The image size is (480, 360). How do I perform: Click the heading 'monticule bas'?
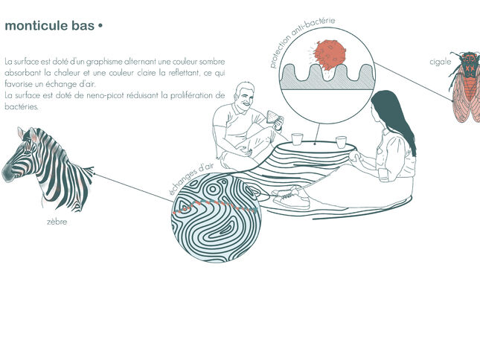(50, 26)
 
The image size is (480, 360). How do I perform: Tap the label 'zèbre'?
(57, 222)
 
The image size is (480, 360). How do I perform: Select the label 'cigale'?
(441, 62)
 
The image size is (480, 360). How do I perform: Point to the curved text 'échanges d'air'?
(191, 178)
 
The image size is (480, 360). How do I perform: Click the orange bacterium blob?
(330, 55)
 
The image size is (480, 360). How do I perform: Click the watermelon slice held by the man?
(272, 116)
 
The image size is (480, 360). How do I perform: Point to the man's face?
(245, 98)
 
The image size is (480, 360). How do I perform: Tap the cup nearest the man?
(297, 139)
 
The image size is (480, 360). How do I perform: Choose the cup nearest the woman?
(341, 142)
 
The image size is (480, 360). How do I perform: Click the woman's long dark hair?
(395, 117)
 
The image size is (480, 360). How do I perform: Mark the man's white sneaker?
(291, 198)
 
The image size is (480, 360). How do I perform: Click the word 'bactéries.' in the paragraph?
(22, 107)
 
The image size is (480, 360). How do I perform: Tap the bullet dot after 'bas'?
(100, 26)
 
